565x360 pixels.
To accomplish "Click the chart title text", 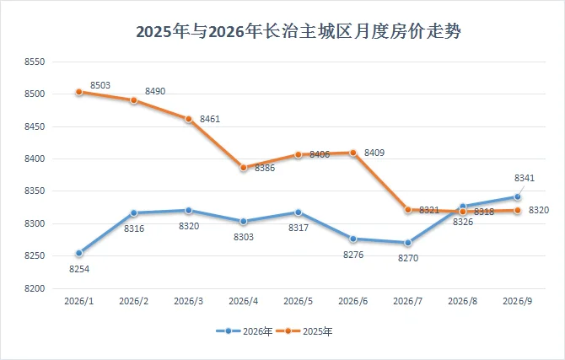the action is coord(299,31).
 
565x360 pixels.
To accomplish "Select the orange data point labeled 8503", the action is coord(79,92).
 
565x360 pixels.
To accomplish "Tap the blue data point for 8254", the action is coord(79,253).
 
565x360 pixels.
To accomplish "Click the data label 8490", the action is coord(155,91).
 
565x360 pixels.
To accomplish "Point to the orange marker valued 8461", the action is coord(189,119).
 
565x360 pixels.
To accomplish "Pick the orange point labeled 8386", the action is coord(244,168).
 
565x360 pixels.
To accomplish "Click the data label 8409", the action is coord(374,153).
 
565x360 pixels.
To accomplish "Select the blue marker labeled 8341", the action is coord(518,196).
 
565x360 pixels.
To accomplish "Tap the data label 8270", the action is coord(408,258).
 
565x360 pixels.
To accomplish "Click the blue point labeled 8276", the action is coord(353,239).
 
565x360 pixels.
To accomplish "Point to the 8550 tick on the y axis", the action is coord(35,62).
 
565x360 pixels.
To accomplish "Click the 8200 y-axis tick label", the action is coord(35,288).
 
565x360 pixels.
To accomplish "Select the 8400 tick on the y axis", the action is coord(35,159).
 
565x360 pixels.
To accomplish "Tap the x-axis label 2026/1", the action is coord(79,301).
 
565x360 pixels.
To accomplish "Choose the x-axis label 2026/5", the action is coord(298,301).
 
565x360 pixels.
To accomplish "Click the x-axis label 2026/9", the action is coord(518,301).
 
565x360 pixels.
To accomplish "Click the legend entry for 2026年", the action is coord(245,331).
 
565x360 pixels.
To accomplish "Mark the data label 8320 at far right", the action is coord(539,210).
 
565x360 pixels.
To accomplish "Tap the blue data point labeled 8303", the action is coord(244,221).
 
